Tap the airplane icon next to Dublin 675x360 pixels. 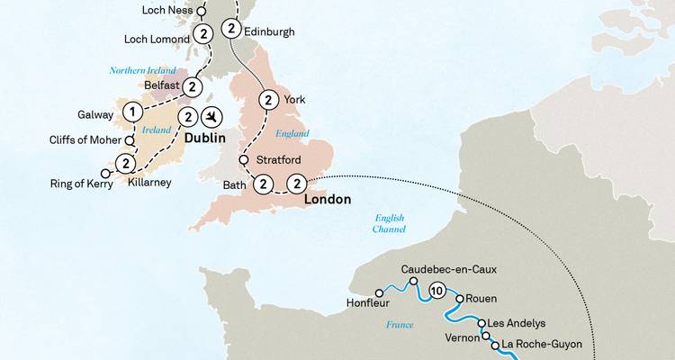(212, 117)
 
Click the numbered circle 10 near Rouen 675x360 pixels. (437, 290)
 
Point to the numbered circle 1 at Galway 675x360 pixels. (133, 112)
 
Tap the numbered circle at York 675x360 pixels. (266, 100)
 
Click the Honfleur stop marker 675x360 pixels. (378, 292)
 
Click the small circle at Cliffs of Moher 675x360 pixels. (130, 140)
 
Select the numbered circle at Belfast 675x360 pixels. (191, 86)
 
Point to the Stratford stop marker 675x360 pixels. (243, 161)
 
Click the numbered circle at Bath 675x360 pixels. (263, 184)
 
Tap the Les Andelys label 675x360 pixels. (515, 323)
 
